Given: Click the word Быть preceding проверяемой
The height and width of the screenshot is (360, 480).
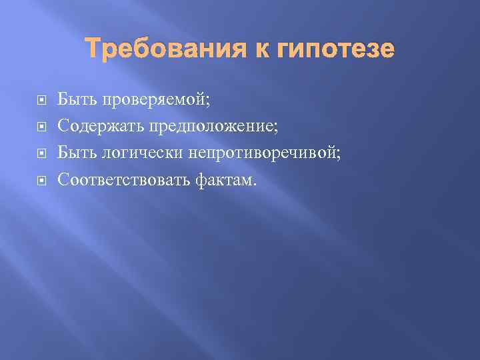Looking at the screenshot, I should click(x=75, y=100).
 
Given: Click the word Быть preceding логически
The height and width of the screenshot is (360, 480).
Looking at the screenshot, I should click(x=75, y=153).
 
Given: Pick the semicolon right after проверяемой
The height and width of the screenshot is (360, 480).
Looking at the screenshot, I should click(x=207, y=102).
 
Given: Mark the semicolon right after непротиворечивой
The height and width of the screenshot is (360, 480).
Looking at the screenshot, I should click(x=338, y=154).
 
